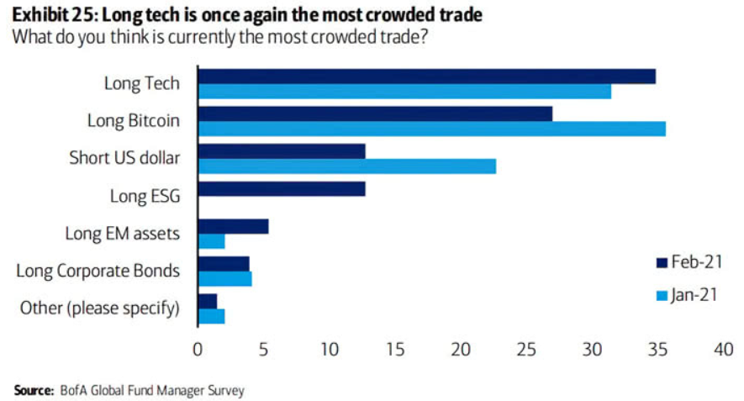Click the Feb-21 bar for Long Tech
[x=425, y=77]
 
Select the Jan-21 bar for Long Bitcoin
[x=431, y=129]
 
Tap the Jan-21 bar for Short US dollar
[x=346, y=166]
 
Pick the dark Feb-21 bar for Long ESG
[x=281, y=188]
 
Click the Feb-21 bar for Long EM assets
[x=233, y=226]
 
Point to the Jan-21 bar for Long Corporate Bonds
[x=224, y=278]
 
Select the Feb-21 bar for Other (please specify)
[x=207, y=300]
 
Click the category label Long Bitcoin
[x=133, y=121]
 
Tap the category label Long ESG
[x=145, y=196]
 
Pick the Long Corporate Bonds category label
[x=98, y=271]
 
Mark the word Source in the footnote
[x=32, y=390]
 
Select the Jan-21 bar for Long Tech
[x=404, y=92]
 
